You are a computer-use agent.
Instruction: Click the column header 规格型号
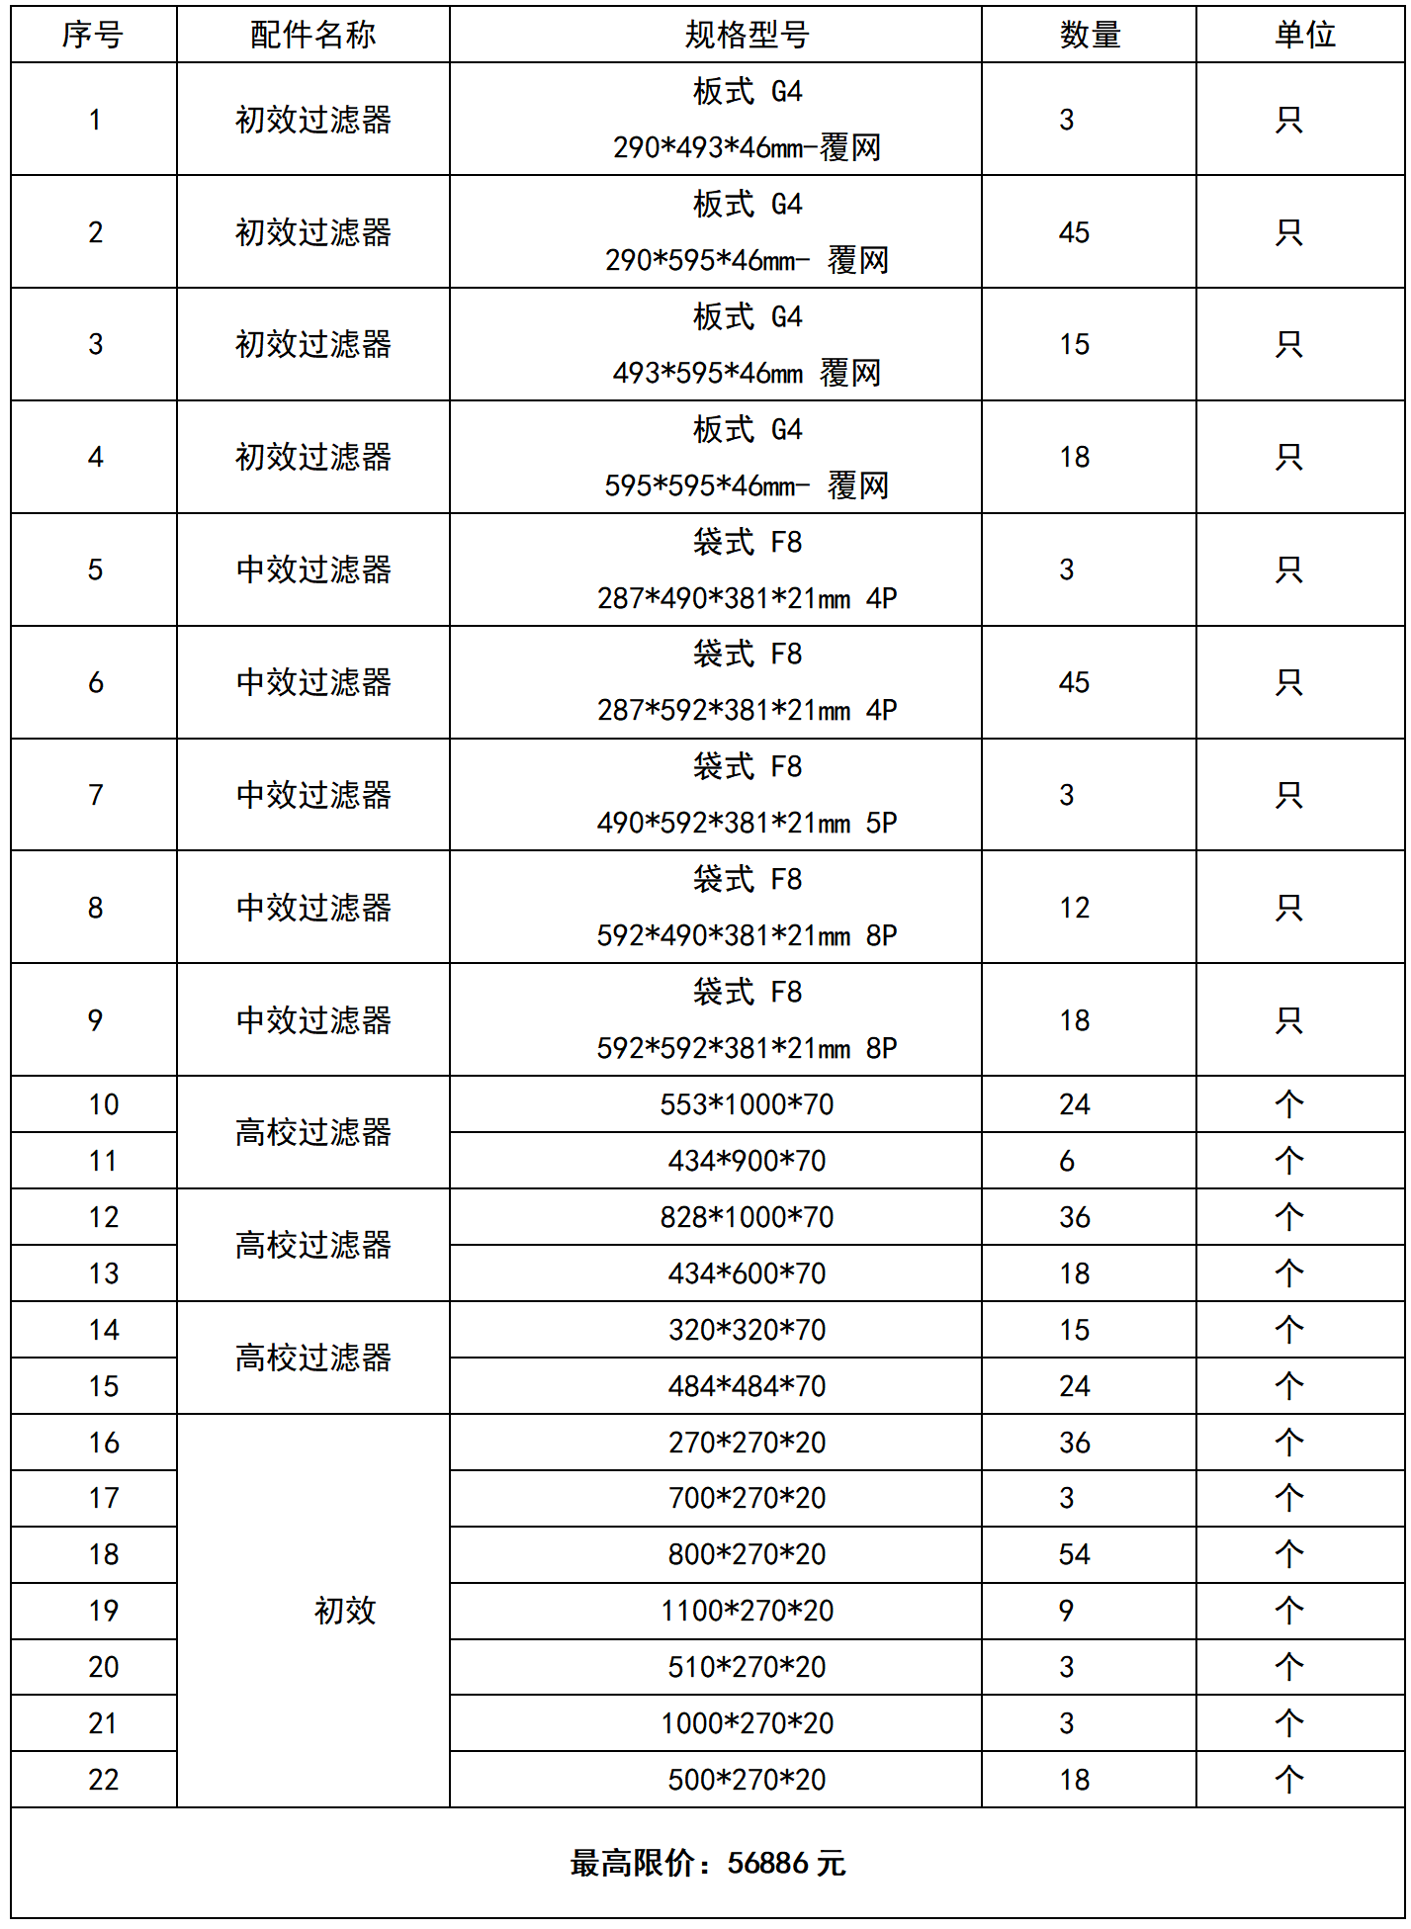point(747,36)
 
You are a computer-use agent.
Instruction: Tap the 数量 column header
point(1090,36)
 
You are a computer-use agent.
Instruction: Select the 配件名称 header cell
point(312,36)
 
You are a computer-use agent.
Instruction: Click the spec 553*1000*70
point(747,1104)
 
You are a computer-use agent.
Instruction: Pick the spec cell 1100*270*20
point(747,1611)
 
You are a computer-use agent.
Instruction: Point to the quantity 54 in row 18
point(1074,1554)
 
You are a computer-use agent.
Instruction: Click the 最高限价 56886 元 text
point(708,1864)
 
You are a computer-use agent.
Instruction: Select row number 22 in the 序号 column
point(103,1780)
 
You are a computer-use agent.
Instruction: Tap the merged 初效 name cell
point(345,1611)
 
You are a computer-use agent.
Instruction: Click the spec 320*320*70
point(747,1330)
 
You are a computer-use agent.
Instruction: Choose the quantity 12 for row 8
point(1074,908)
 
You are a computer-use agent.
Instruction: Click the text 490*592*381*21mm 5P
point(747,823)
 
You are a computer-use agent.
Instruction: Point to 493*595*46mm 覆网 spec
point(747,373)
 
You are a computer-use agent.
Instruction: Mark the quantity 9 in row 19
point(1066,1611)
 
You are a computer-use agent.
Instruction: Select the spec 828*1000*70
point(747,1217)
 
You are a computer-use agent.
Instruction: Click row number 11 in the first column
point(103,1161)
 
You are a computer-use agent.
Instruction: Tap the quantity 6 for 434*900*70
point(1066,1161)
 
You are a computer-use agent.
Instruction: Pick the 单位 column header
point(1304,36)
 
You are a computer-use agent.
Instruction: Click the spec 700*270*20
point(747,1498)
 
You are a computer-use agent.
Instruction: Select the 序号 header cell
point(93,36)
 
